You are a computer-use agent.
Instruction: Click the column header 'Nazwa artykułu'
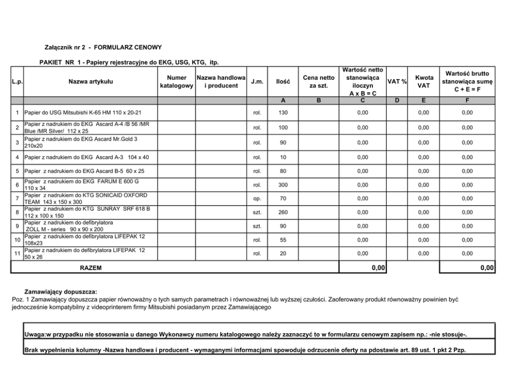pos(91,81)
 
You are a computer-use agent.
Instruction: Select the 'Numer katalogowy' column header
pos(176,81)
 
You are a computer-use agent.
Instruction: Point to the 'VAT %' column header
pos(397,82)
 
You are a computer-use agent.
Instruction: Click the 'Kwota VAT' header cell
pos(424,81)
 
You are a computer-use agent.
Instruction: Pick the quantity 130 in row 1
pos(283,112)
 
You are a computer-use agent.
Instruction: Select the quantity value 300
pos(283,185)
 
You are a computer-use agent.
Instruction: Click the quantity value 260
pos(283,212)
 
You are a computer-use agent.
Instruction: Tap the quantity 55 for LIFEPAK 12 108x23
pos(283,240)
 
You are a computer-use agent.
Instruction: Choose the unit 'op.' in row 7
pos(257,198)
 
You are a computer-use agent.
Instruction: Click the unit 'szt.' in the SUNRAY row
pos(257,212)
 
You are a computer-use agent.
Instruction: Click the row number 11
pos(17,254)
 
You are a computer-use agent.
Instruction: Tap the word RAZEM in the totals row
pos(91,268)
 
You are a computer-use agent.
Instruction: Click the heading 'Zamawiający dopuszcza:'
pos(61,292)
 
